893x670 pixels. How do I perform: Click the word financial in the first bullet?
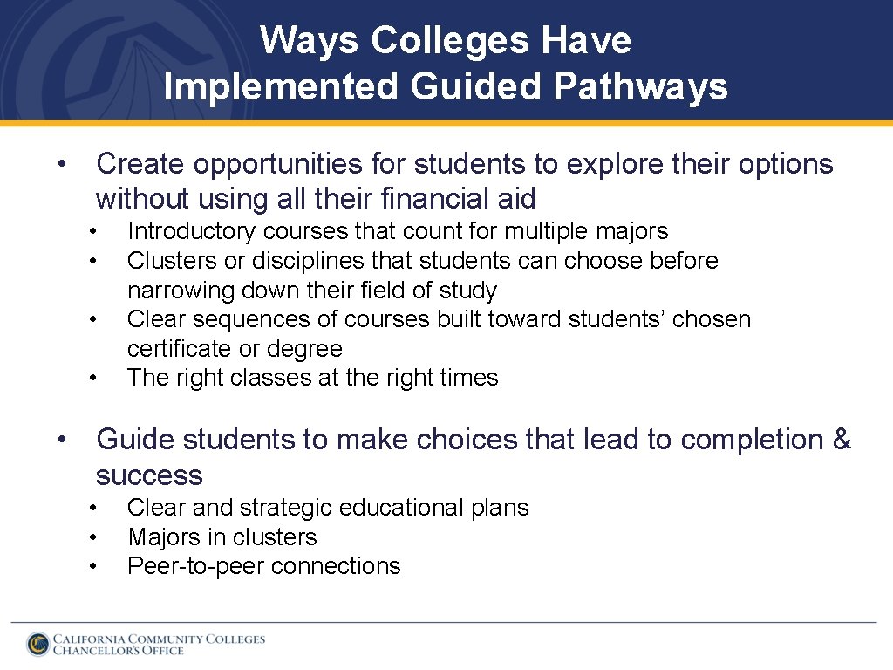click(x=438, y=199)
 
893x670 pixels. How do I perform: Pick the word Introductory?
click(x=192, y=231)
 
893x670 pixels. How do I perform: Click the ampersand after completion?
click(x=842, y=440)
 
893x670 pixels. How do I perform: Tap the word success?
click(x=149, y=475)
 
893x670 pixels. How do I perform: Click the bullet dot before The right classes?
click(x=92, y=378)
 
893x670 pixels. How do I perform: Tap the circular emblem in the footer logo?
click(x=37, y=644)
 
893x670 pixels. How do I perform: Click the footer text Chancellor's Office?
click(x=119, y=651)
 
